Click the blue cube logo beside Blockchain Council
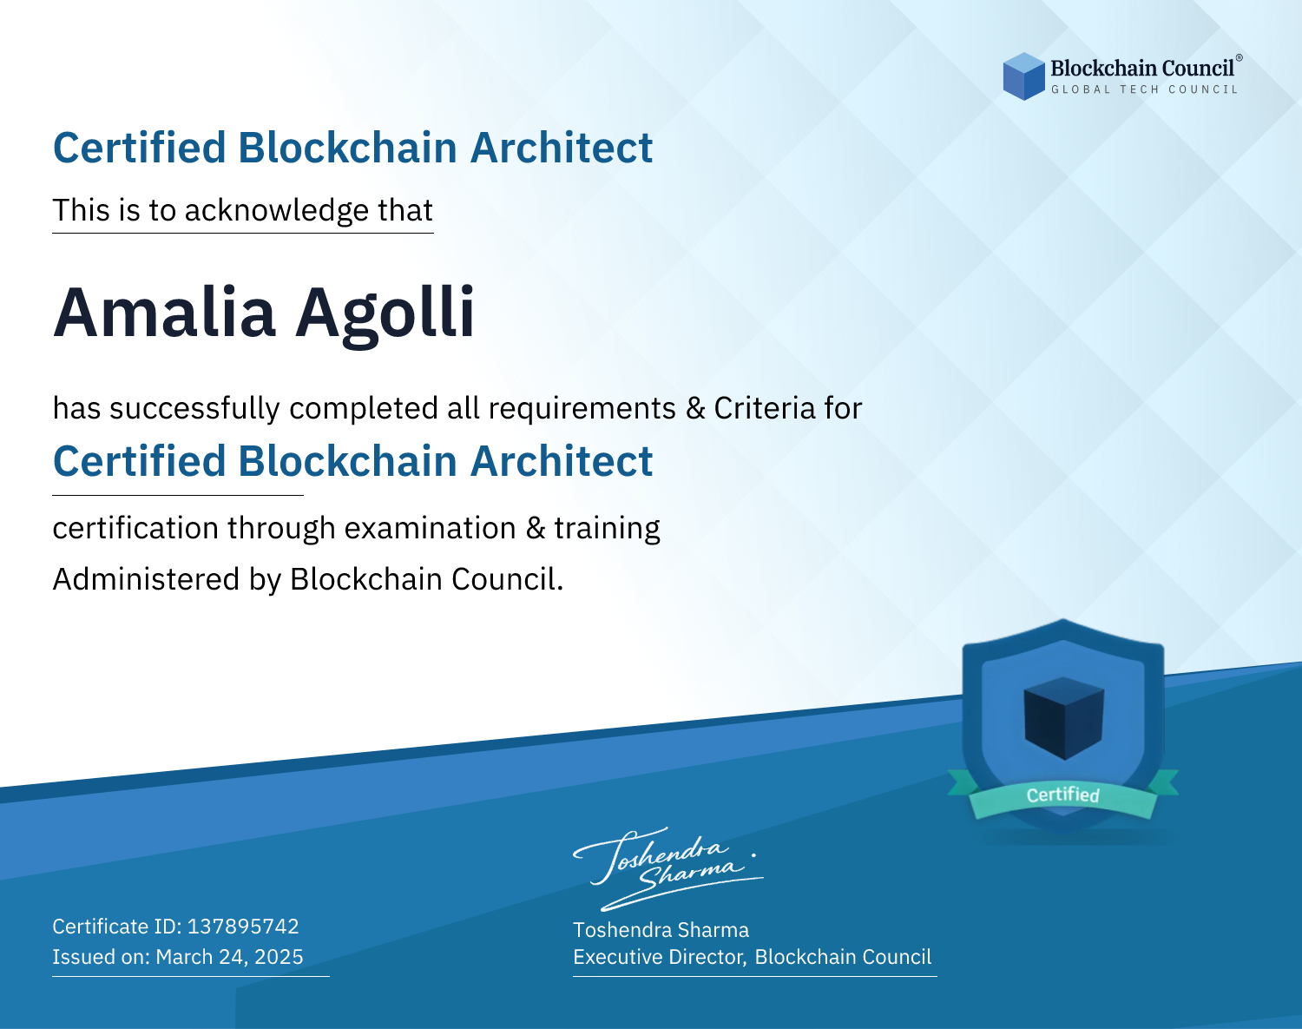click(1023, 76)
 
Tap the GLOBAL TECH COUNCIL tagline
click(1144, 89)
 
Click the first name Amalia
click(165, 313)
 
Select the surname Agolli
click(385, 315)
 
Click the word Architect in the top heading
click(562, 148)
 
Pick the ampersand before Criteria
click(695, 408)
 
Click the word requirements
click(582, 409)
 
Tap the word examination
click(431, 528)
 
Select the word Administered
click(147, 579)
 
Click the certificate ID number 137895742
click(243, 927)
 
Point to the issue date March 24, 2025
click(229, 957)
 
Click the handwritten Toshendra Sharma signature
click(668, 868)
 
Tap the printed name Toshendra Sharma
click(661, 930)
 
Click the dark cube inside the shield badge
click(1063, 718)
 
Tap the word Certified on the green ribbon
click(1063, 795)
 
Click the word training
click(607, 529)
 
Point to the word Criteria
click(764, 408)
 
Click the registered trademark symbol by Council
click(1240, 58)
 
